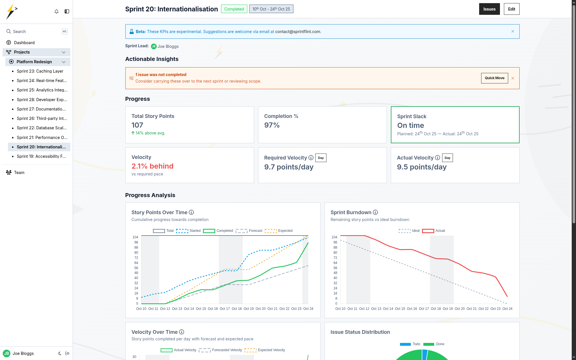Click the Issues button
(x=489, y=9)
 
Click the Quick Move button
(x=494, y=78)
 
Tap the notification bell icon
(x=56, y=11)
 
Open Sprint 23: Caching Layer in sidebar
(x=40, y=71)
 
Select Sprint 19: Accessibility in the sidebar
(x=41, y=156)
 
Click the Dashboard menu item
(x=24, y=43)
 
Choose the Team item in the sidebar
(x=19, y=173)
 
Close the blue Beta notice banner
(x=512, y=31)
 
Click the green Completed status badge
(x=234, y=9)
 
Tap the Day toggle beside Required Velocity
(x=321, y=158)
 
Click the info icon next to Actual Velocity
(x=438, y=158)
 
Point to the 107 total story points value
(x=137, y=125)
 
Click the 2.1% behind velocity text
(x=152, y=166)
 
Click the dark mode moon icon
(x=60, y=353)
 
